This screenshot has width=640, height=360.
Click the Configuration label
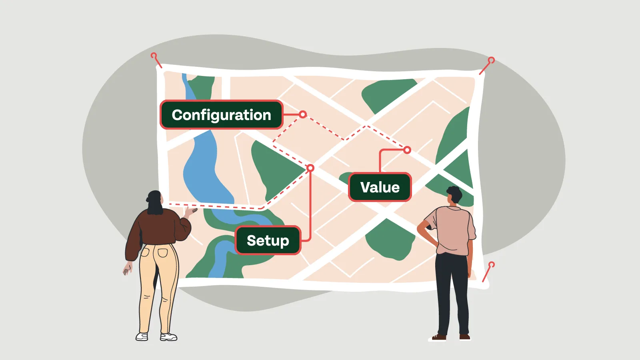click(x=222, y=115)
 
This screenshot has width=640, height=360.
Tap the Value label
click(x=380, y=187)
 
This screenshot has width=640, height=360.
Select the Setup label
click(x=268, y=240)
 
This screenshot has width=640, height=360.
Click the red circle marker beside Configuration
click(x=303, y=114)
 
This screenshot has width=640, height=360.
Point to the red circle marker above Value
click(x=407, y=150)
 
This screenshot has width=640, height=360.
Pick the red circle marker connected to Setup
click(x=310, y=168)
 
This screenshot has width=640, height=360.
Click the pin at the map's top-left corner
click(x=154, y=56)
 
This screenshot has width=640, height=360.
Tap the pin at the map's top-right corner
click(x=491, y=61)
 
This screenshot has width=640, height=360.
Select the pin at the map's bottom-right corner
click(x=492, y=265)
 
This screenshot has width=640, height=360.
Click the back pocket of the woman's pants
click(x=162, y=252)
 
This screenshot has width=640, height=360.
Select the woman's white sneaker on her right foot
click(x=168, y=337)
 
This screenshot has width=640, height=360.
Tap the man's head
click(x=454, y=195)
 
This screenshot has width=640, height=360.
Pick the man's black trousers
click(x=452, y=288)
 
